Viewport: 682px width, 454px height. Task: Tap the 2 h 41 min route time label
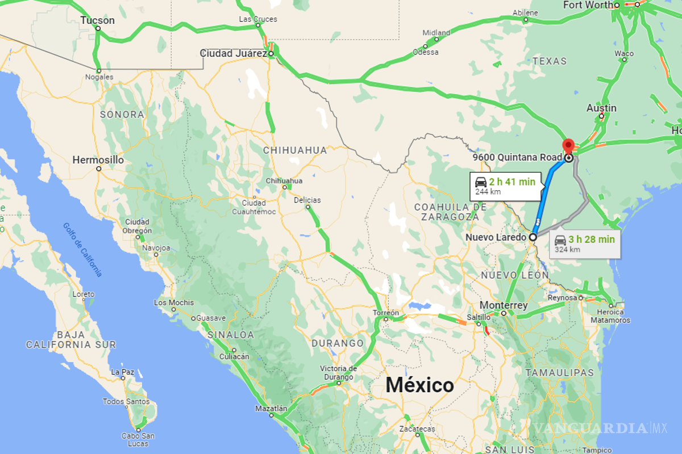[x=511, y=182]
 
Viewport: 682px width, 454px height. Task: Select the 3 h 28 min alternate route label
[x=591, y=239]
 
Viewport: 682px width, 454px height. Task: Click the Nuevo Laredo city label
[x=496, y=237]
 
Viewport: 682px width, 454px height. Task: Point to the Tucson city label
[x=97, y=20]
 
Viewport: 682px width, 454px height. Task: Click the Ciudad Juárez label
[x=234, y=53]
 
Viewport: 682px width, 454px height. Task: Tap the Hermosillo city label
[x=98, y=160]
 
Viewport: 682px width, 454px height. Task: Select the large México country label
[x=420, y=385]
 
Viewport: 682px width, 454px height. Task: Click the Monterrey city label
[x=504, y=305]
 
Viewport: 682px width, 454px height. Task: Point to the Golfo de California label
[x=82, y=250]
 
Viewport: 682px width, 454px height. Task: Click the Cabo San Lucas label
[x=138, y=440]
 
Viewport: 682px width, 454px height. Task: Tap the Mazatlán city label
[x=271, y=408]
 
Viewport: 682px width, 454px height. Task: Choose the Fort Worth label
[x=588, y=5]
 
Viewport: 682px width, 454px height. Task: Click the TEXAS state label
[x=550, y=61]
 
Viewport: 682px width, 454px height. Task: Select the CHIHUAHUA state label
[x=295, y=150]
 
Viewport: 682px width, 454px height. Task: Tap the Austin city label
[x=601, y=108]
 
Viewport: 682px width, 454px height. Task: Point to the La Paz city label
[x=123, y=372]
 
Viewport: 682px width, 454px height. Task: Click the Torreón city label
[x=386, y=313]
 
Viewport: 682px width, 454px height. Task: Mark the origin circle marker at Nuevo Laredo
[x=533, y=237]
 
